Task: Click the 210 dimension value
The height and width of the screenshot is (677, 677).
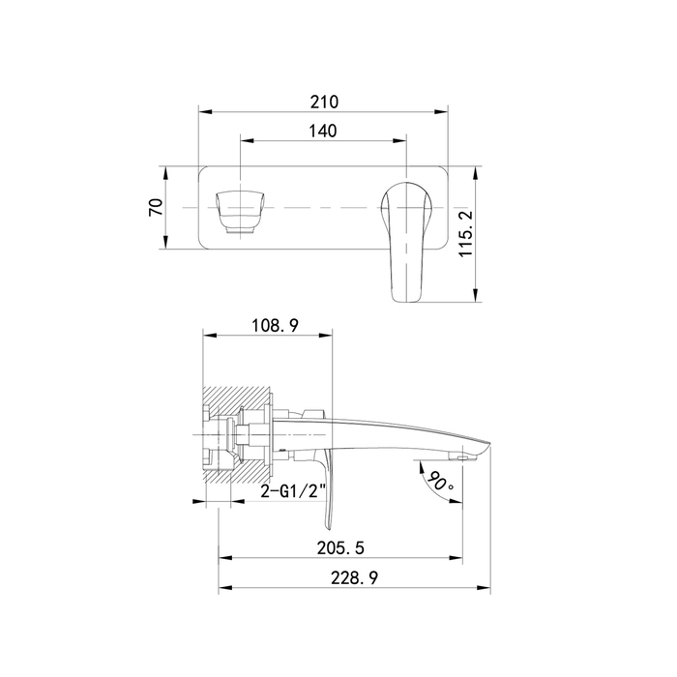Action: click(x=324, y=103)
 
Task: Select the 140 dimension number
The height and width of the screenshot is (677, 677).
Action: click(x=323, y=131)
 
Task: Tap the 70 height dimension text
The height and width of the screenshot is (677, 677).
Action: click(x=156, y=207)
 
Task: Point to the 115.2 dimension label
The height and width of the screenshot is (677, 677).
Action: click(x=466, y=234)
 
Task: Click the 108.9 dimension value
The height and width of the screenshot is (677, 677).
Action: click(x=275, y=325)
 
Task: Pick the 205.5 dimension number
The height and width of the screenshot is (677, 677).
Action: click(x=340, y=548)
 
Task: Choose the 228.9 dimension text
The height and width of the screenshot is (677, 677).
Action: click(x=355, y=577)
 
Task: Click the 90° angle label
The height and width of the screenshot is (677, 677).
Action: click(x=441, y=482)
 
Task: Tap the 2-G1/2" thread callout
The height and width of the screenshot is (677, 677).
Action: click(x=294, y=491)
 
